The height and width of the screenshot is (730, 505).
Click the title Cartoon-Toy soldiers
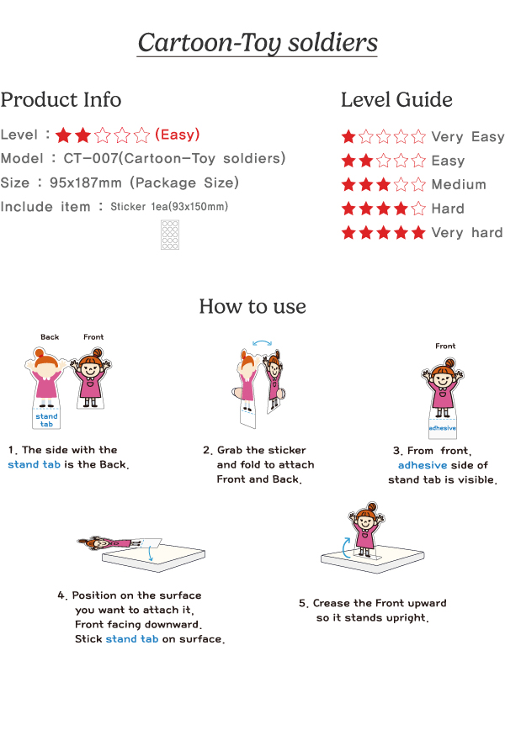click(258, 43)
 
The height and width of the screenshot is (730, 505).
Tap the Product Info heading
click(61, 99)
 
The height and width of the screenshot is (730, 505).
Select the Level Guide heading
click(396, 99)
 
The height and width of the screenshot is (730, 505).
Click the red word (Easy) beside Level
click(177, 135)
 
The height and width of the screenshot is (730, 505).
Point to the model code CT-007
click(91, 158)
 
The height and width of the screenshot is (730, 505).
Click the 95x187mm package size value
click(86, 182)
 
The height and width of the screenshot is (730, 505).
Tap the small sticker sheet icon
click(170, 235)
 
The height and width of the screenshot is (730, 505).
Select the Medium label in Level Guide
click(459, 184)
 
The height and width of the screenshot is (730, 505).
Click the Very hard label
click(467, 232)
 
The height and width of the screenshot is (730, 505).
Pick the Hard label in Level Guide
click(448, 209)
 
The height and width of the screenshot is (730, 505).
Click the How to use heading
click(252, 306)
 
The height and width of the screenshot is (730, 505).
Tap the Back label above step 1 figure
click(50, 337)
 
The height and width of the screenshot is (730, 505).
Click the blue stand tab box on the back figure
click(46, 419)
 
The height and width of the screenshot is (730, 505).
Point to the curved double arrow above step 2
click(262, 343)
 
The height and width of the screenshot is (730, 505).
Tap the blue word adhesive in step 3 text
click(423, 465)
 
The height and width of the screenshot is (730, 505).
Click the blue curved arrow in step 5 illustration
click(346, 547)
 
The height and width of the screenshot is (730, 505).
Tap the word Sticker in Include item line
click(128, 207)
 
